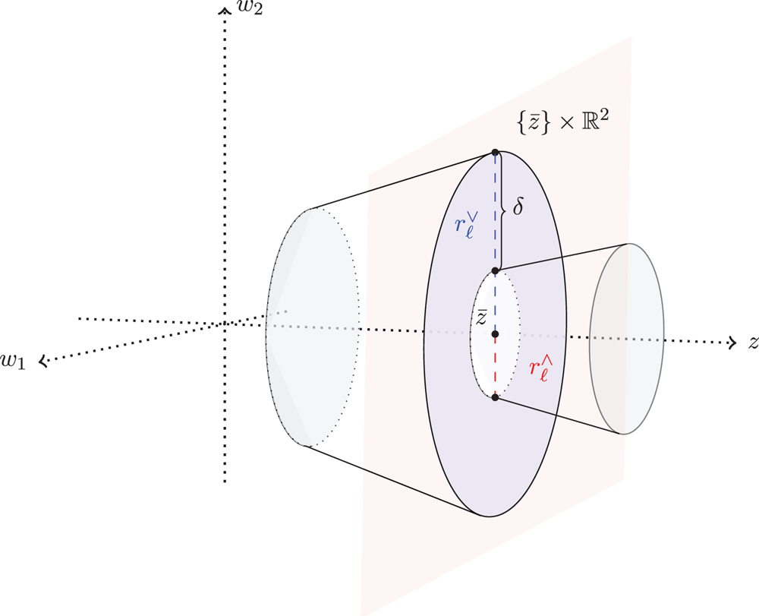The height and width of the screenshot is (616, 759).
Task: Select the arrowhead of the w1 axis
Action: [43, 362]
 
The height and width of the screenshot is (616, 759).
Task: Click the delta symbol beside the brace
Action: [518, 207]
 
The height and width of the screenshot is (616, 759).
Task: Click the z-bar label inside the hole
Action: [480, 317]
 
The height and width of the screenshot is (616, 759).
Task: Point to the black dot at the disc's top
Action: [495, 153]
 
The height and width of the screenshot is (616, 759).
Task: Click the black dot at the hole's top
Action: [495, 270]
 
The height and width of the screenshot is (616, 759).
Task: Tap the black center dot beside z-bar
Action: [495, 334]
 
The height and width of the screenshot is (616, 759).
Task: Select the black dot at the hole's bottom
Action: [495, 397]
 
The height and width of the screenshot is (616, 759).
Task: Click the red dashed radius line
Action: [495, 366]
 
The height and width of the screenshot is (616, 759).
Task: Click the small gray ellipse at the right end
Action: [627, 339]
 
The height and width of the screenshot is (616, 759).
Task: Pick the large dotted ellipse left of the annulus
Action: [312, 327]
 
